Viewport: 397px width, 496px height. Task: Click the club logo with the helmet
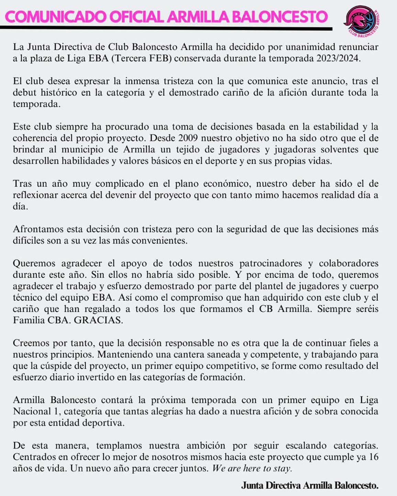point(362,21)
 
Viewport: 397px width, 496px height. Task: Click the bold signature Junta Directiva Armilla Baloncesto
point(309,485)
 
